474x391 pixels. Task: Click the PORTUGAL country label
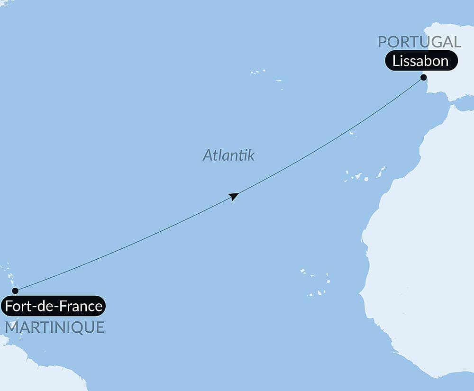(419, 42)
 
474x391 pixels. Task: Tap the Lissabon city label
(420, 61)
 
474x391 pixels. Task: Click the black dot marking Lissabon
(423, 77)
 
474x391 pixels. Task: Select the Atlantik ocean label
(228, 155)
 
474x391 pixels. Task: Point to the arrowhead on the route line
(233, 196)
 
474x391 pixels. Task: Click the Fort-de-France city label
(53, 306)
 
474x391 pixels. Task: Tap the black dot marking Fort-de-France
(15, 291)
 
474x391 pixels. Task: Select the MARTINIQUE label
(55, 327)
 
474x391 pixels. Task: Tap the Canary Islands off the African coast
(365, 176)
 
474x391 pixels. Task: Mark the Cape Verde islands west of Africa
(316, 282)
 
